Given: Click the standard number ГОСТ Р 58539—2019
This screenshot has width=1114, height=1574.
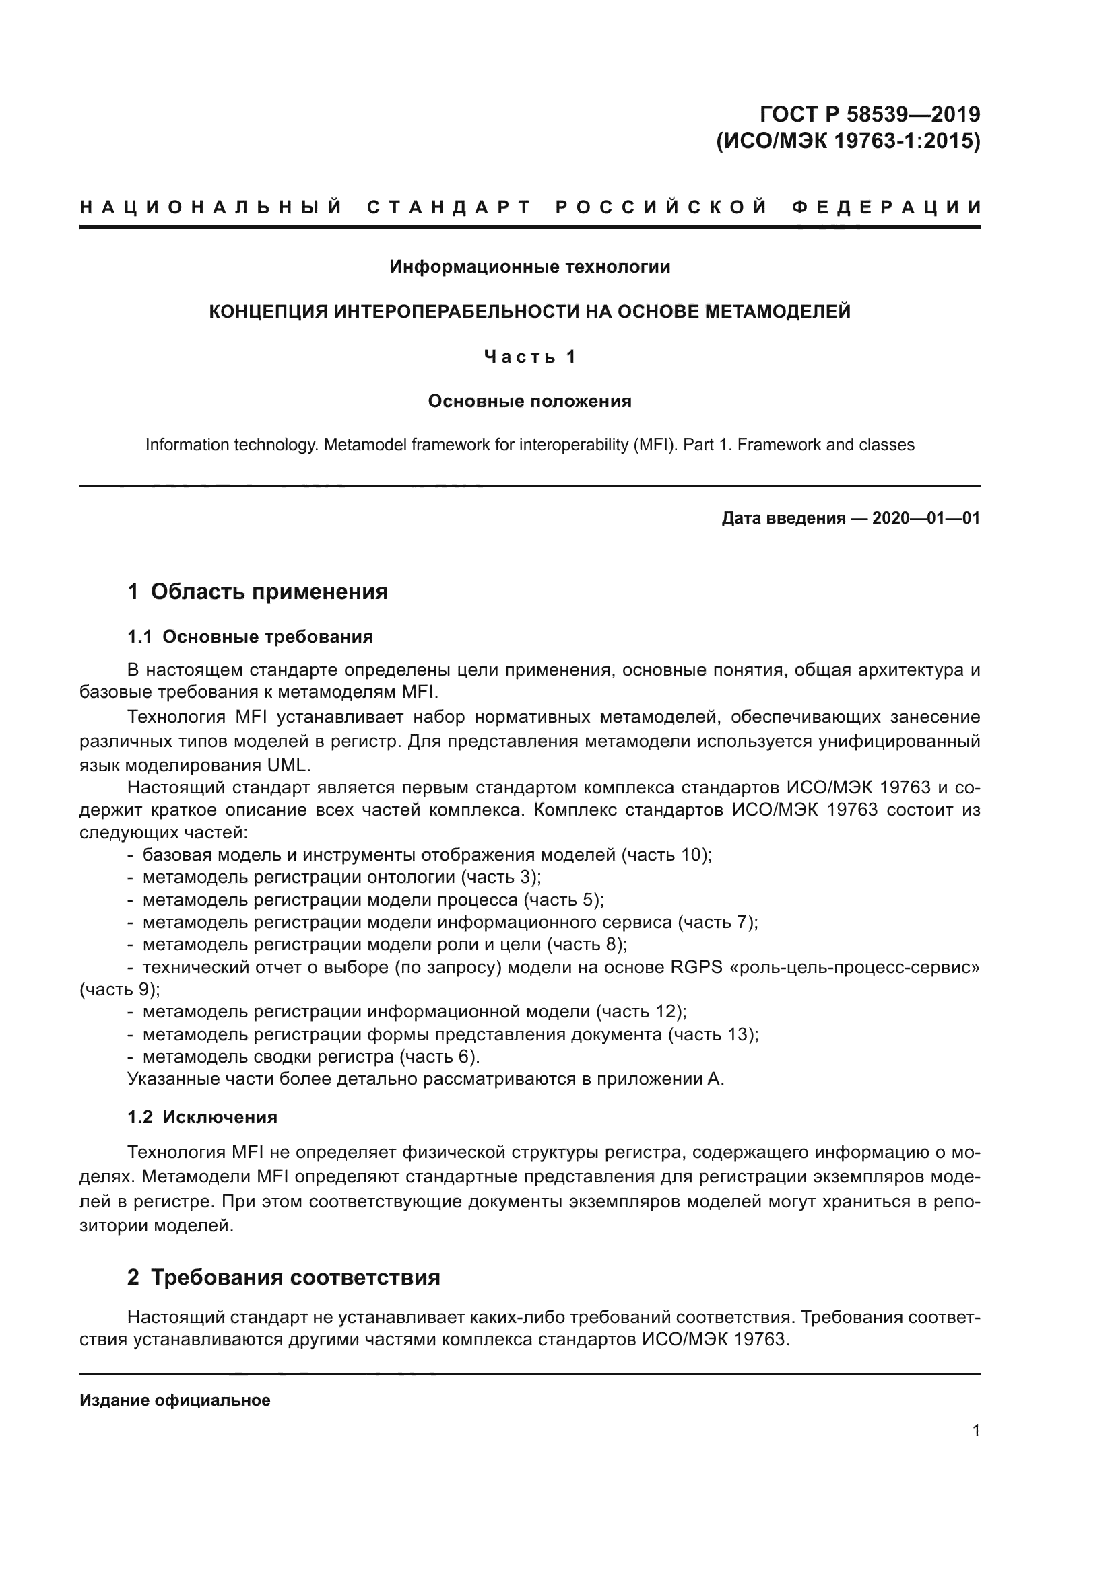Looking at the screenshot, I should [x=870, y=114].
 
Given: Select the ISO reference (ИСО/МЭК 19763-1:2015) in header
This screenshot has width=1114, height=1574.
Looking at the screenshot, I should [x=848, y=141].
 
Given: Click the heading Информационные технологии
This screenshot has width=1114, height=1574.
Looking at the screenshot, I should [x=529, y=266].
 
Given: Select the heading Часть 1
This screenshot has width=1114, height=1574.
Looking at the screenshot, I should [x=529, y=357].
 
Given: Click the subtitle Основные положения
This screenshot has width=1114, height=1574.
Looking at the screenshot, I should [x=529, y=401].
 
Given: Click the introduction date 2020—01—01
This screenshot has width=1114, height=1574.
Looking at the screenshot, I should [x=926, y=518].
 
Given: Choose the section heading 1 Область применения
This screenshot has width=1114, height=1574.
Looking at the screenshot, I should [x=258, y=592].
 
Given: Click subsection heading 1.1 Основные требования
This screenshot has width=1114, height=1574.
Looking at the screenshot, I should [x=251, y=637].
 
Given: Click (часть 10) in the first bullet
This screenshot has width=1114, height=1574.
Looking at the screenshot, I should [x=665, y=855].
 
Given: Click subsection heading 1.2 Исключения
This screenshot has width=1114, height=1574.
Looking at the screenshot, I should [x=202, y=1118].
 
